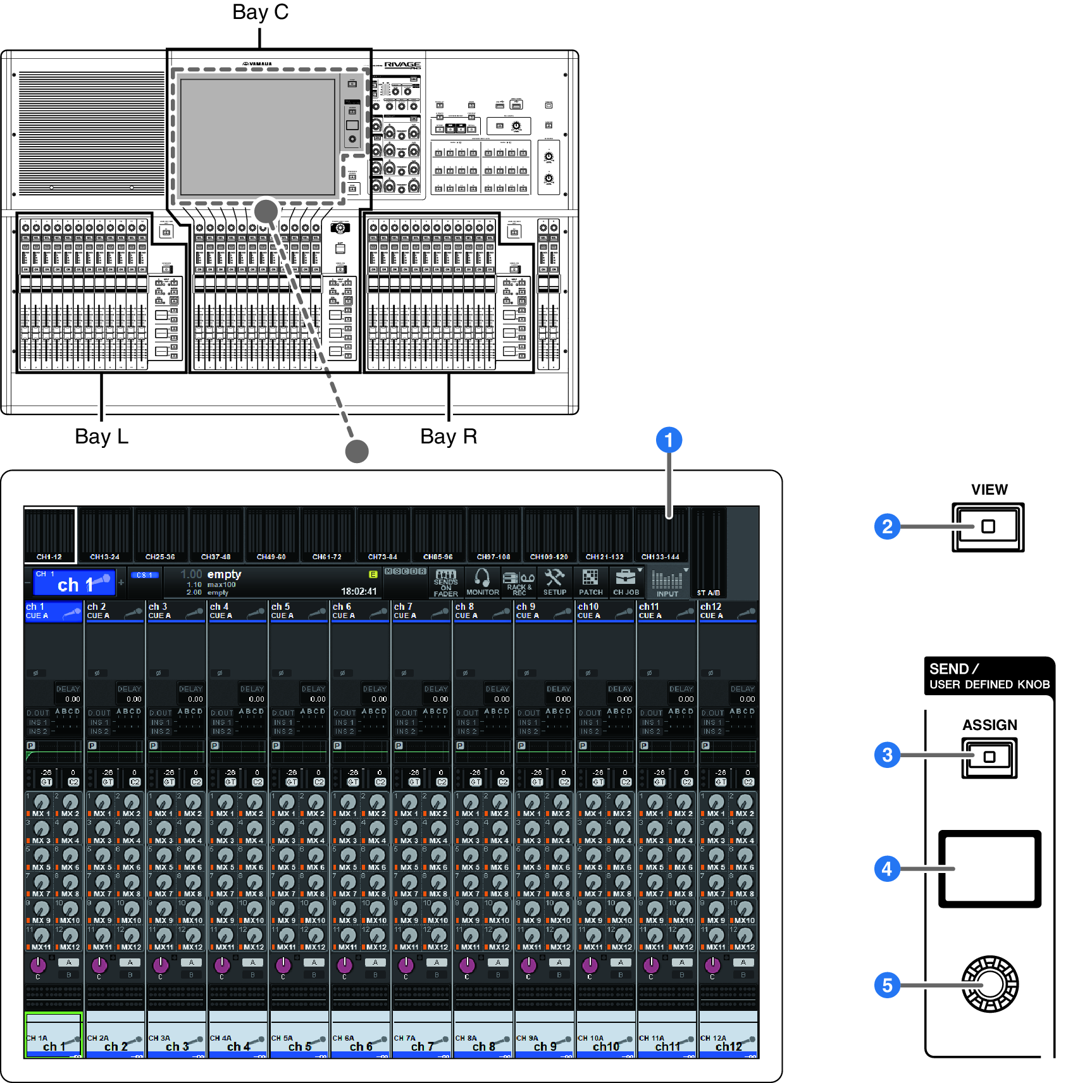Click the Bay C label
point(260,12)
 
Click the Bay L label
point(101,436)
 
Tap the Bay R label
point(449,436)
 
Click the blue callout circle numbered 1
point(669,440)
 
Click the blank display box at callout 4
point(989,869)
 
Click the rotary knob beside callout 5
point(989,984)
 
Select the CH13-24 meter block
point(105,535)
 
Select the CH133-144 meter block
point(661,535)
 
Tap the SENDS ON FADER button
point(446,582)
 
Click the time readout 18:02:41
point(359,591)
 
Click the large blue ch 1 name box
point(74,583)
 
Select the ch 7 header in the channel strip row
point(421,611)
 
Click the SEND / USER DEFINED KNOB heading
point(989,676)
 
